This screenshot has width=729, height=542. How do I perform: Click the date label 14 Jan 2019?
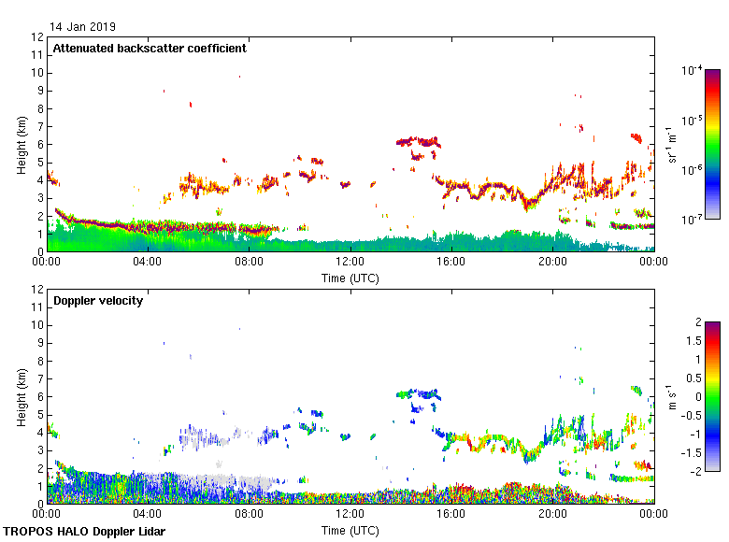tap(83, 27)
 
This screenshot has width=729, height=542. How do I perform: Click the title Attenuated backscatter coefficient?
tap(150, 49)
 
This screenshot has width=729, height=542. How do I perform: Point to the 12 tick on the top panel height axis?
tap(38, 37)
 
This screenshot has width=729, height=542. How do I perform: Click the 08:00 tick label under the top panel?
tap(250, 263)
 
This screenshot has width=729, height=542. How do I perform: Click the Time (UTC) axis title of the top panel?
tap(350, 278)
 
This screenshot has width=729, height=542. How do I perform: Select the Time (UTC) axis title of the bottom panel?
tap(350, 530)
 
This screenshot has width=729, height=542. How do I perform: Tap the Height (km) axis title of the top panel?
tap(21, 145)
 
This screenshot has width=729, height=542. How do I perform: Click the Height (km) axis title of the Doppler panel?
tap(21, 397)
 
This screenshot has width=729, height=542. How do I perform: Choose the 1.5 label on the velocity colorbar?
tap(691, 341)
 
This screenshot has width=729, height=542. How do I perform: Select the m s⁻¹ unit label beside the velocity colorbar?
tap(673, 396)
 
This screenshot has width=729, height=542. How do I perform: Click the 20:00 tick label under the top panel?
tap(552, 263)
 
